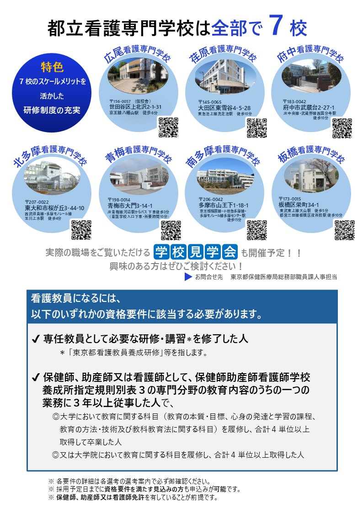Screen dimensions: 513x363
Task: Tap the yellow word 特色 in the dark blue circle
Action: pos(52,67)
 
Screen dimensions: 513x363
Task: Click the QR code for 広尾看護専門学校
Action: pos(168,127)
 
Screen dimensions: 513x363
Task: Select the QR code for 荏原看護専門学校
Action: pos(256,127)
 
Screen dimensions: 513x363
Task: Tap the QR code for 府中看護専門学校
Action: pos(342,128)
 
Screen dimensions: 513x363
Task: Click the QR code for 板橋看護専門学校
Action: pos(344,229)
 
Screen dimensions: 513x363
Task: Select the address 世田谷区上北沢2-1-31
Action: pos(135,107)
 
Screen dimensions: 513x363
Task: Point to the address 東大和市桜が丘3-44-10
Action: pos(54,208)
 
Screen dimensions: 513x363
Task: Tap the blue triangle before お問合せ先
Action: pos(187,277)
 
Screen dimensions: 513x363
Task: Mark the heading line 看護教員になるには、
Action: pos(75,299)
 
